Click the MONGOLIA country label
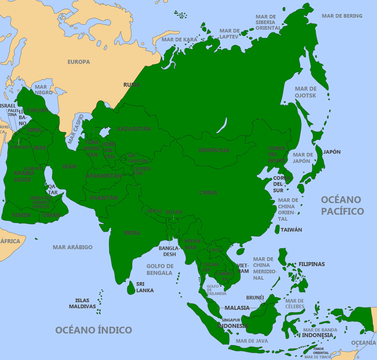coord(214,150)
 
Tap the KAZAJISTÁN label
coord(134,129)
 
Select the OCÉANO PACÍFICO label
coord(342,205)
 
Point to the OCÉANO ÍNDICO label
coord(94,330)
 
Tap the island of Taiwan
coord(277,229)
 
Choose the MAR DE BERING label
coord(342,16)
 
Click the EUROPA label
coord(79,62)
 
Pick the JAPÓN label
coord(332,152)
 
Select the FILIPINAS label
coord(311,264)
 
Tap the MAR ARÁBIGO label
coord(72,247)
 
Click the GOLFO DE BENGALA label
coord(160,269)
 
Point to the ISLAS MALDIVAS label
coord(82,303)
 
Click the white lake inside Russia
coord(222,125)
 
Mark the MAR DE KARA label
coord(179,39)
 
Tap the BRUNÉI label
coord(255,297)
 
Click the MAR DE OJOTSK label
coord(305,92)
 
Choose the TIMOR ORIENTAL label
coord(321,351)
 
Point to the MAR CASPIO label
coord(75,129)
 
